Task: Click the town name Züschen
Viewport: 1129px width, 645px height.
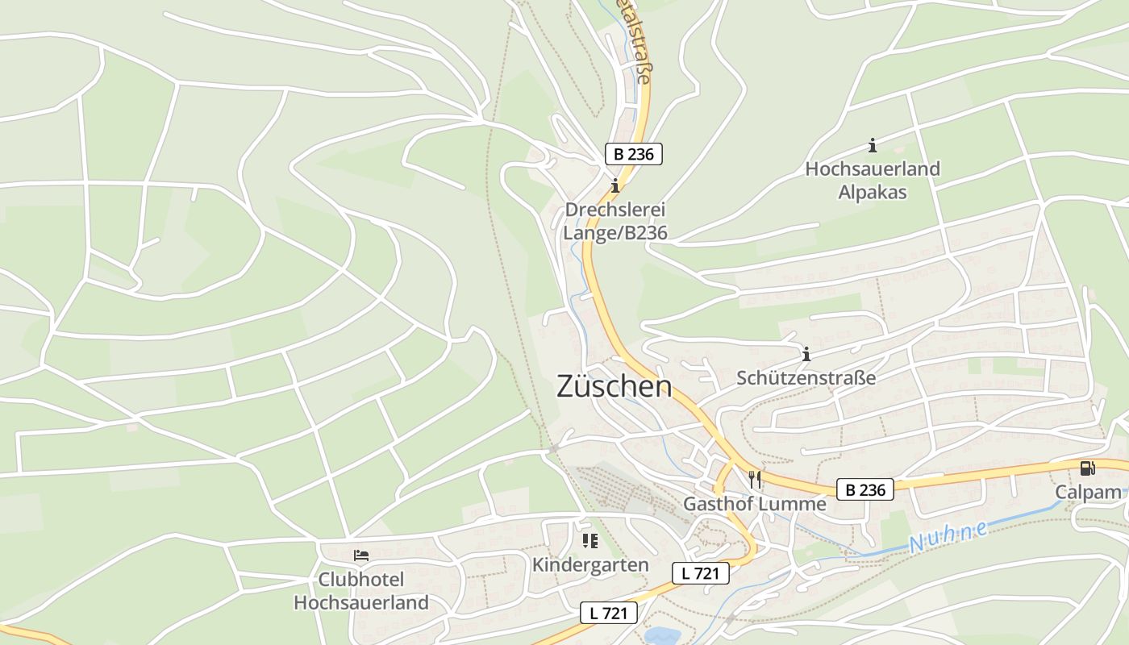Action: point(614,387)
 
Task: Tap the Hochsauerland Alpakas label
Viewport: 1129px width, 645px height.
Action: point(873,181)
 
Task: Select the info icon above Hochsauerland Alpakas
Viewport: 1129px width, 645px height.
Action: point(872,146)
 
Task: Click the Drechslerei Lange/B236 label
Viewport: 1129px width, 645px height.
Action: point(616,221)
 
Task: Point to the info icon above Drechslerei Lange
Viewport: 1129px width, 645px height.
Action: point(615,186)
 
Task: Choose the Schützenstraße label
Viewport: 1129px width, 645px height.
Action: point(806,378)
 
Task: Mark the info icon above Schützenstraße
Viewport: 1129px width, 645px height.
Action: point(806,354)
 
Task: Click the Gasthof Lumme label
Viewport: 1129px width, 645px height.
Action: point(755,504)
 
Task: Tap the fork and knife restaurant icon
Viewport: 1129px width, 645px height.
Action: point(755,480)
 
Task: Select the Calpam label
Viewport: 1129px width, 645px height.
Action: point(1088,492)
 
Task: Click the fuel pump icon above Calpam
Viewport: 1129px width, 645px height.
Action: point(1087,468)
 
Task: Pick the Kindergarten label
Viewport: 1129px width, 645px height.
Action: point(590,564)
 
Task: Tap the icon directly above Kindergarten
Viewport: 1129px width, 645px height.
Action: point(590,540)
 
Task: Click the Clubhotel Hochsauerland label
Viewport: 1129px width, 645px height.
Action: point(361,591)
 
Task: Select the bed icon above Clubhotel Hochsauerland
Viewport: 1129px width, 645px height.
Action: point(361,556)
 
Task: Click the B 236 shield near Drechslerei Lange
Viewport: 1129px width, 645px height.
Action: point(633,154)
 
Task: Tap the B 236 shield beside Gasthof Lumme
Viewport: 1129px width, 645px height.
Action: point(864,489)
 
